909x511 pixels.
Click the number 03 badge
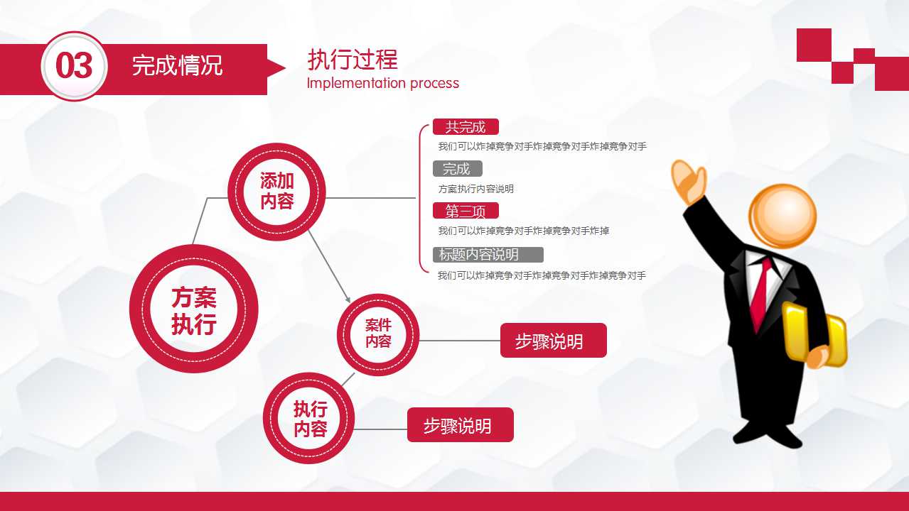(74, 66)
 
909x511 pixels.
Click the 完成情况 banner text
(177, 66)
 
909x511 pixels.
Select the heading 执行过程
(352, 60)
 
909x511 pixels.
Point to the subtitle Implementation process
(382, 83)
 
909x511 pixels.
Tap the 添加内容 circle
(276, 192)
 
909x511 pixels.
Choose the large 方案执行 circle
(193, 311)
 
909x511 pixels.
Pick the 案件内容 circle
(378, 334)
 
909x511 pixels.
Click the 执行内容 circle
(310, 419)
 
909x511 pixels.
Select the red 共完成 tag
(466, 128)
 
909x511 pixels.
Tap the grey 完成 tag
(457, 169)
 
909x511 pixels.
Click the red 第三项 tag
(466, 211)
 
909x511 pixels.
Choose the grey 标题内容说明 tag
(488, 255)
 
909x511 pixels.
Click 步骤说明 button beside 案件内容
(553, 341)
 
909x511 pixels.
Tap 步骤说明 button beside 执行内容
(460, 425)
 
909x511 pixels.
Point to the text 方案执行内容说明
(475, 189)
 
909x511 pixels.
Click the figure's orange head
(782, 215)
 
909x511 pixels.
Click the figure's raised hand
(688, 182)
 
